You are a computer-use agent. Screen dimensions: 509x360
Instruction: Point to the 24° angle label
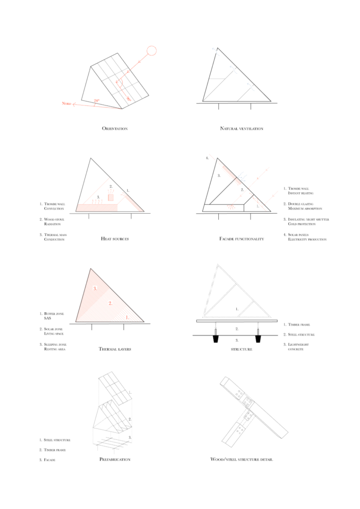(96, 101)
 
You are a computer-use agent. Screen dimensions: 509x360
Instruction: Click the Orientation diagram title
(115, 129)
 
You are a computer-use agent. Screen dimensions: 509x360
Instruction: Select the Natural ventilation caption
(241, 129)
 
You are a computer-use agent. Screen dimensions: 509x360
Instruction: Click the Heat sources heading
(115, 239)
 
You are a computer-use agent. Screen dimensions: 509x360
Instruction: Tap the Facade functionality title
(242, 239)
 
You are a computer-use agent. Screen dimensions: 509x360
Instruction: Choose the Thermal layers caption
(115, 349)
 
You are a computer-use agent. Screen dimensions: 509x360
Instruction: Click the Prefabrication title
(115, 460)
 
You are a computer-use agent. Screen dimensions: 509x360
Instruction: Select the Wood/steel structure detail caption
(242, 460)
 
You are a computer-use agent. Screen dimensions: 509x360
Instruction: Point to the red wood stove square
(111, 197)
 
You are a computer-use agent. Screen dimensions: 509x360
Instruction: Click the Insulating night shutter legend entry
(306, 222)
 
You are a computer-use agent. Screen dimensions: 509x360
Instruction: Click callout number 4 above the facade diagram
(207, 158)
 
